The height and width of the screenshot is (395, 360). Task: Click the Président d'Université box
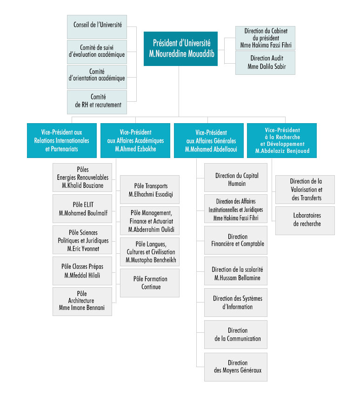tap(180, 48)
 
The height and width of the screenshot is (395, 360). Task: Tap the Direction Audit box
tap(265, 63)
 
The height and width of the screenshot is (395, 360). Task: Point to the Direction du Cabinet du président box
tap(265, 38)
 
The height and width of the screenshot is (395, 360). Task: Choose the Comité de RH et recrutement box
tap(97, 101)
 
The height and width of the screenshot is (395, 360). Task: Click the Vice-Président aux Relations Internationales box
tap(61, 140)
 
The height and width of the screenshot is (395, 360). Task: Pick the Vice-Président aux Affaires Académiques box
tap(135, 140)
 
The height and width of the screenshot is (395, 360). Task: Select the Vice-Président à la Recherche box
tap(282, 140)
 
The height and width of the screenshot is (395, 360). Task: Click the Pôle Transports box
tap(150, 190)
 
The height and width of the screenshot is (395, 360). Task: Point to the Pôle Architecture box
tap(82, 301)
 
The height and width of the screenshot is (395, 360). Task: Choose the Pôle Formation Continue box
tap(150, 283)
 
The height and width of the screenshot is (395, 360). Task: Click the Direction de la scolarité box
tap(236, 274)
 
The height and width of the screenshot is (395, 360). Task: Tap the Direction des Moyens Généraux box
tap(236, 367)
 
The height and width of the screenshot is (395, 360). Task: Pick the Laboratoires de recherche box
tap(305, 220)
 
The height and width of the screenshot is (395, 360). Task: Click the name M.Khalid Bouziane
tap(82, 185)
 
